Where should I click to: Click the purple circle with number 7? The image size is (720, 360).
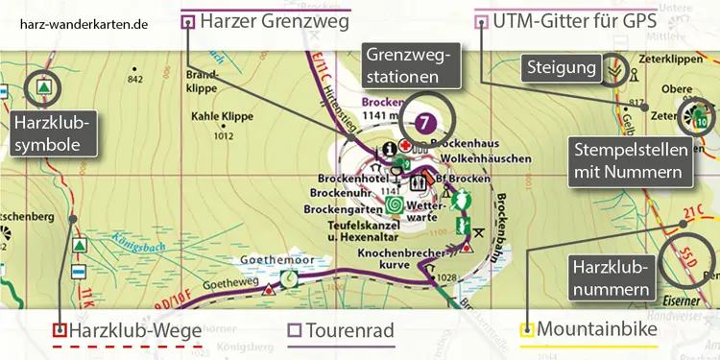click(x=426, y=122)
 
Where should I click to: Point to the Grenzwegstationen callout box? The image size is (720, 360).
click(x=409, y=64)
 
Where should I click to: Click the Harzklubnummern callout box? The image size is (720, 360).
click(x=611, y=275)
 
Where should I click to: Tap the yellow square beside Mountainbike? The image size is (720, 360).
click(x=526, y=332)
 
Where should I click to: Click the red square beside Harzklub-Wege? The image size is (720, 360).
click(x=60, y=331)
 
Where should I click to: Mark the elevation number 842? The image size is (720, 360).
click(x=134, y=79)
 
